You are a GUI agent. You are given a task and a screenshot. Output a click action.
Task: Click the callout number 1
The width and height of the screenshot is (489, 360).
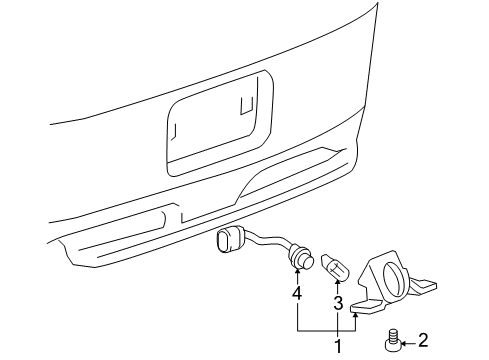click(x=337, y=345)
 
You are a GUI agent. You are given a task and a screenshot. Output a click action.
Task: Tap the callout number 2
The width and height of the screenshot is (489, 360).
click(x=423, y=340)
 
